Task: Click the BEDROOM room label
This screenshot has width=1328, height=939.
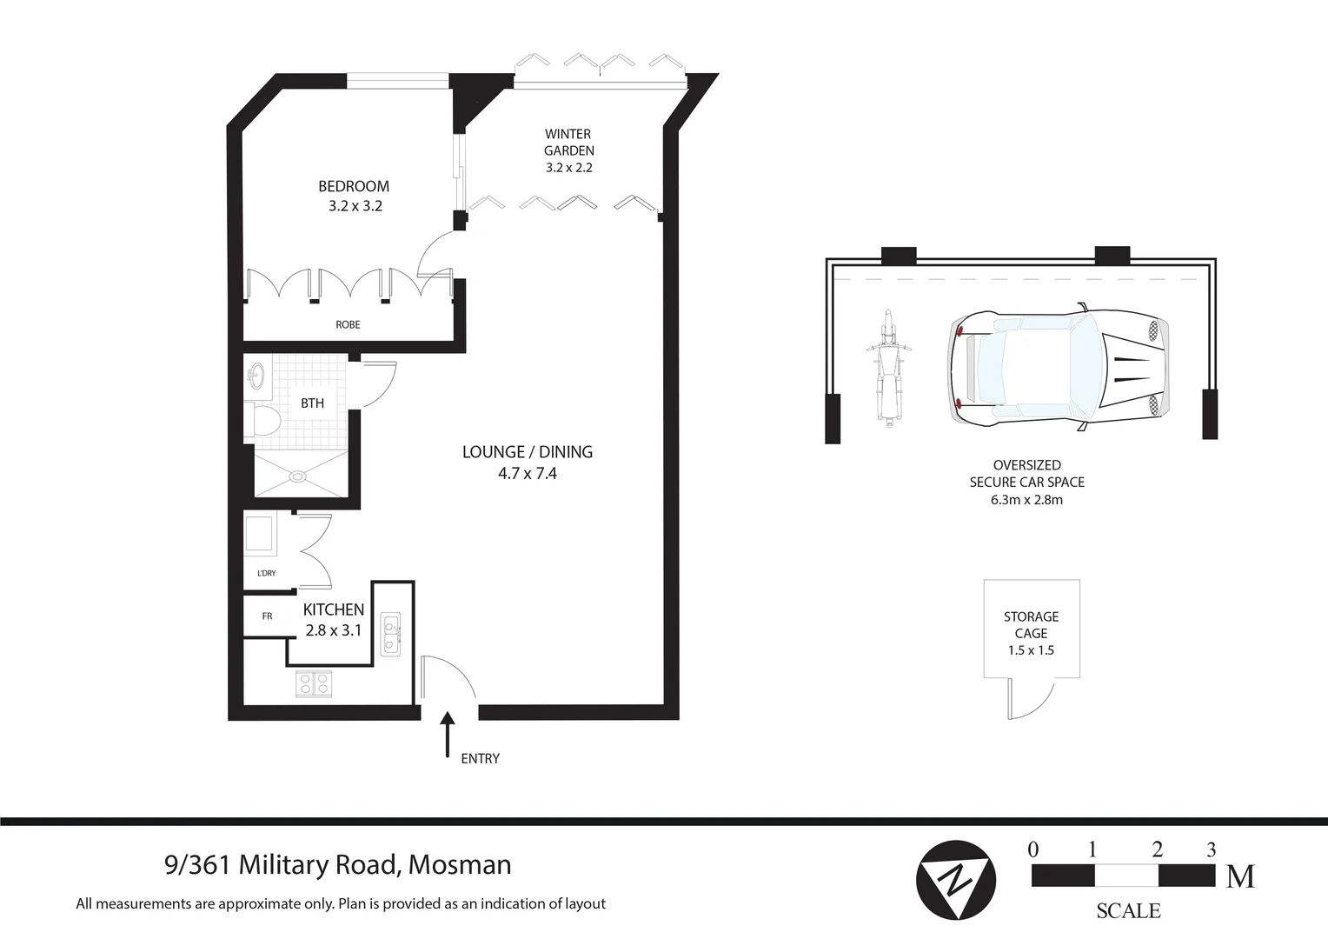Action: click(354, 186)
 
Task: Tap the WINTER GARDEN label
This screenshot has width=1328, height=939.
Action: click(568, 142)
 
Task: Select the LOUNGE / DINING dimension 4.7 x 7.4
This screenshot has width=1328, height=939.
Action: click(527, 474)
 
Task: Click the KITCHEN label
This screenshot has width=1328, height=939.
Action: click(333, 609)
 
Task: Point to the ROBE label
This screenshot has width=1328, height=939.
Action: click(348, 324)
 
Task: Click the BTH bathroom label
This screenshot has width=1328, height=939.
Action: click(312, 403)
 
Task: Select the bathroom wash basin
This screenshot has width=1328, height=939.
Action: click(256, 376)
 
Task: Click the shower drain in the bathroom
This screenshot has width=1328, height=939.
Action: click(298, 476)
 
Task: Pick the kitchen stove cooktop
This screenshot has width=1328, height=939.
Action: click(314, 684)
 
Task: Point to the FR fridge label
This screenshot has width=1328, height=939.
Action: click(267, 616)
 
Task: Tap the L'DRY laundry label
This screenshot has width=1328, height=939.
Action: click(267, 573)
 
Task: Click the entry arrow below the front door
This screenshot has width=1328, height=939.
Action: click(448, 735)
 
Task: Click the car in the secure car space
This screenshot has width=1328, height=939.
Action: click(1057, 368)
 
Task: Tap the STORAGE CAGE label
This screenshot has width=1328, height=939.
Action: click(1031, 625)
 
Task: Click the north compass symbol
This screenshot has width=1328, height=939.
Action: click(956, 880)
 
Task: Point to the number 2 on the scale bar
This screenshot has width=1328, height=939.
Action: click(1157, 850)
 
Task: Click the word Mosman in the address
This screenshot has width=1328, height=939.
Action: click(460, 865)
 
